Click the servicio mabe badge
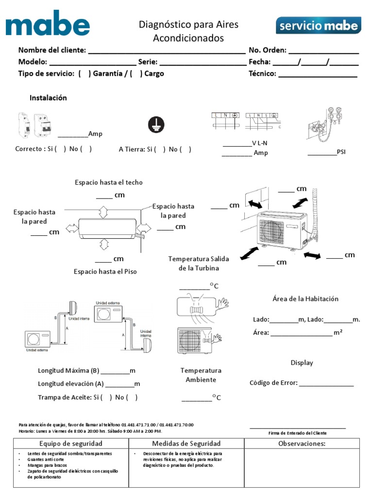[318, 25]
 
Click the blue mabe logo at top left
[48, 23]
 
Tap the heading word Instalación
[48, 98]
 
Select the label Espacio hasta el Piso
[105, 272]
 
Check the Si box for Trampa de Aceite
[106, 398]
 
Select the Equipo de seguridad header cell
[71, 444]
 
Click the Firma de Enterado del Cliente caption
[297, 433]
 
